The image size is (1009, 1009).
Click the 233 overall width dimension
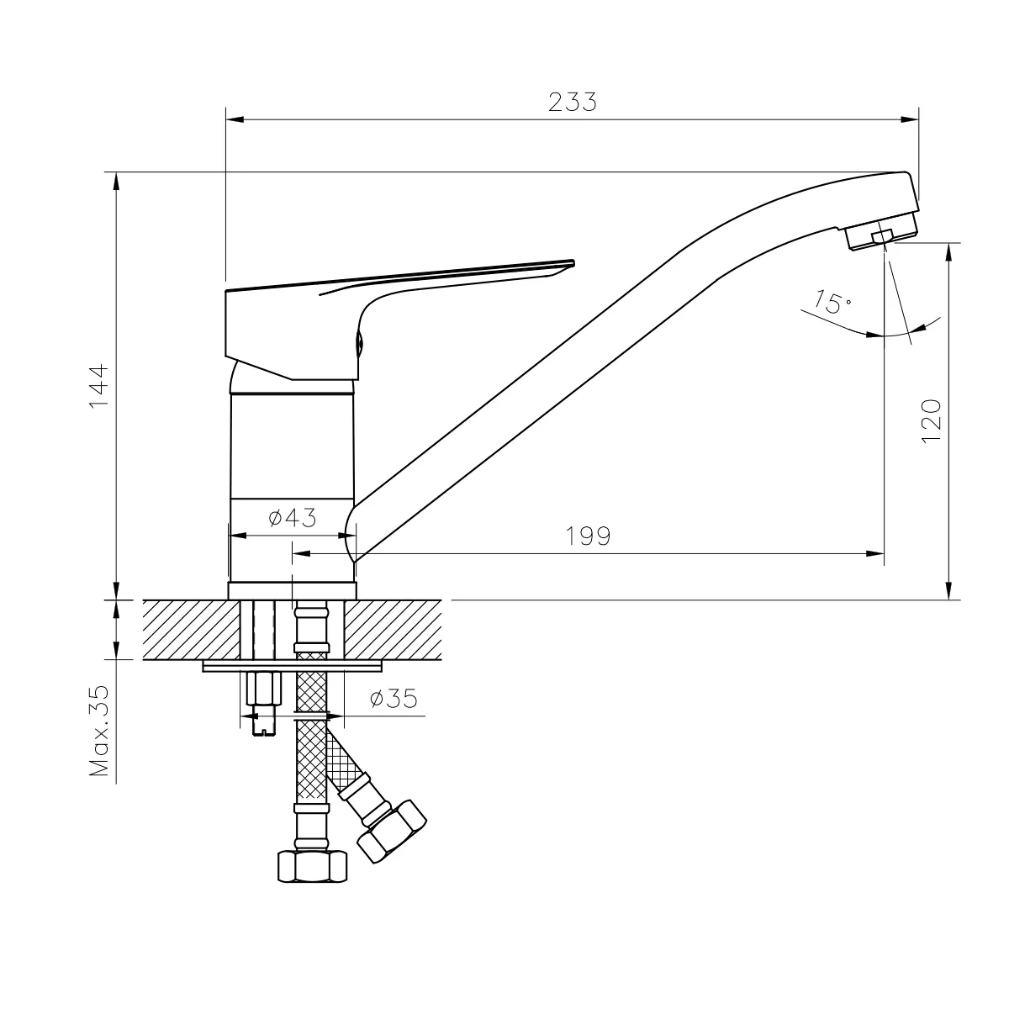tap(572, 102)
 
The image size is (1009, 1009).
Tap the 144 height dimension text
tap(99, 387)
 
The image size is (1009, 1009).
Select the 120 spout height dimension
tap(931, 421)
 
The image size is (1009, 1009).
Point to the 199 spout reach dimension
tap(588, 536)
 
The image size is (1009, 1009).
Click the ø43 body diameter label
tap(292, 518)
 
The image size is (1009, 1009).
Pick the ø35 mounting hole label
tap(394, 699)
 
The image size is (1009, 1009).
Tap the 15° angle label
tap(832, 302)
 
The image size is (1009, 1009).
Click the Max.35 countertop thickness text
tap(99, 731)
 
